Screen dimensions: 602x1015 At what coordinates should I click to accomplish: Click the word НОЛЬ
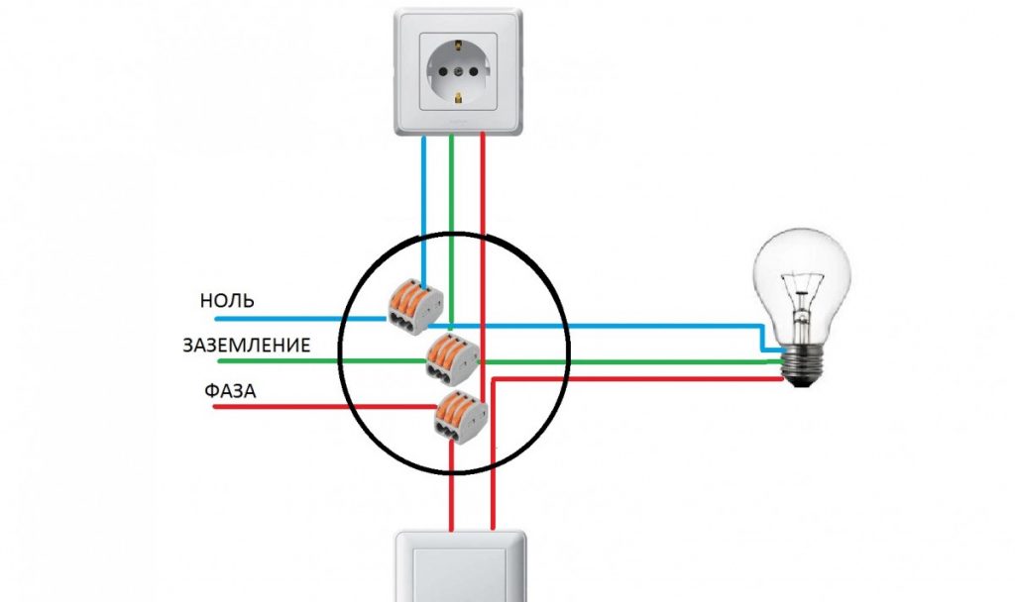(x=227, y=301)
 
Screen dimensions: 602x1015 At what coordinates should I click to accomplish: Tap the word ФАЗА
(x=231, y=391)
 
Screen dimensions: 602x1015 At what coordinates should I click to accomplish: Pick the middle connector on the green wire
(x=452, y=356)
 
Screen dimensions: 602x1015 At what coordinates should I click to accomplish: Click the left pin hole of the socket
(x=435, y=70)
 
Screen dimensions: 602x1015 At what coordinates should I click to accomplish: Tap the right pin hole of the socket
(x=484, y=70)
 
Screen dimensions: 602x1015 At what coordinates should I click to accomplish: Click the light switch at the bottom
(x=460, y=569)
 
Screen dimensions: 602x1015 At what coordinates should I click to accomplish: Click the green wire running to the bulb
(x=644, y=361)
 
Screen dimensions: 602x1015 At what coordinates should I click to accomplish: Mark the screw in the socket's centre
(x=460, y=70)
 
